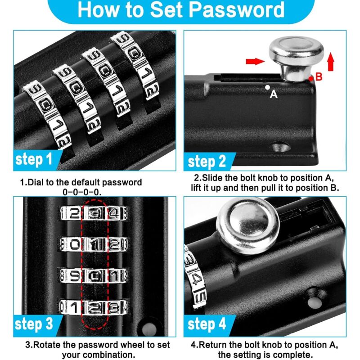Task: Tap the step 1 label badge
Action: [34, 159]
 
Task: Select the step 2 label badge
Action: [207, 161]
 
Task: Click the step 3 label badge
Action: [34, 324]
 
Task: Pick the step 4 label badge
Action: [207, 324]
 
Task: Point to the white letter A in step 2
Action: [273, 94]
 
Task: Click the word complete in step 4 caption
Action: [287, 354]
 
